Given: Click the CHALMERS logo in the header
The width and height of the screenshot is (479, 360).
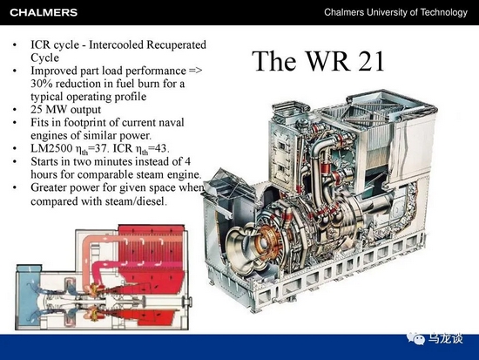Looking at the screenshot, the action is point(44,12).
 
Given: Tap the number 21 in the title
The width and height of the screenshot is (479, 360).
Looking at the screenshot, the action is point(371,61).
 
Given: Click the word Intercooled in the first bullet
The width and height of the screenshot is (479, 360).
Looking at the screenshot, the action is point(116,44).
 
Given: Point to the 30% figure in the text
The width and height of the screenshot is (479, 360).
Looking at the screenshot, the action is point(42,84).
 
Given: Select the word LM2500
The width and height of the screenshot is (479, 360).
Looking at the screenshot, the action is point(51,148).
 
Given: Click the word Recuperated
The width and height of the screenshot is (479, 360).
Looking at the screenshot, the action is point(176,45).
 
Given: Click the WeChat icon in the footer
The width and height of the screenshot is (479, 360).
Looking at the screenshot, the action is point(415,337).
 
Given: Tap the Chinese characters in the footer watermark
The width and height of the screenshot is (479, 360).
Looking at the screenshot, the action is point(445,338).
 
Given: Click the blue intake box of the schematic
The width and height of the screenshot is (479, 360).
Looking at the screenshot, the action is point(28,295).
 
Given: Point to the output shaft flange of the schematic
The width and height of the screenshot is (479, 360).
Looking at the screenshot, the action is point(186,302).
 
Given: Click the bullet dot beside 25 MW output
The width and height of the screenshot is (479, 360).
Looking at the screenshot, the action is point(15,110).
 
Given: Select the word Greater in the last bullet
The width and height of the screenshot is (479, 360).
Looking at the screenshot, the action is point(49,187).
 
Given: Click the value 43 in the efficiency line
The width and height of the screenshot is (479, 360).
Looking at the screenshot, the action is point(161,148).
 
